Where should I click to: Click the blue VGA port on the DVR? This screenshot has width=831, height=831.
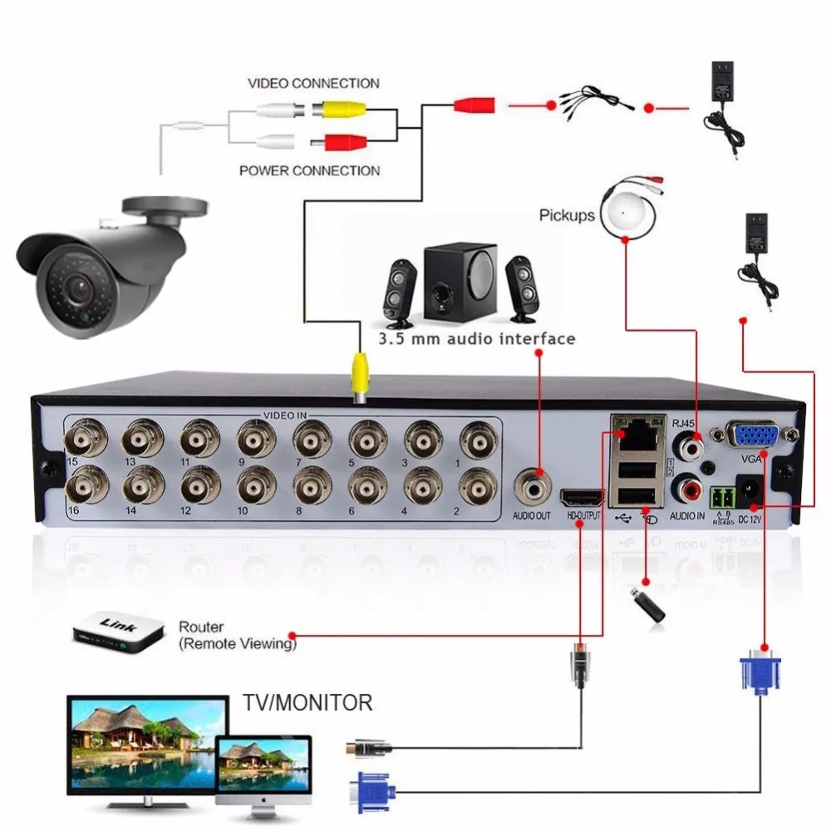[x=752, y=436]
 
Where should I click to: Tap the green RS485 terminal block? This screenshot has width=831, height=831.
[x=720, y=496]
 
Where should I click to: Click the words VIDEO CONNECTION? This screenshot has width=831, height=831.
[x=313, y=83]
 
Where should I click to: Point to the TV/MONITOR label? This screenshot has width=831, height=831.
[x=307, y=703]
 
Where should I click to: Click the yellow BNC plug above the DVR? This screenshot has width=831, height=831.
[x=360, y=375]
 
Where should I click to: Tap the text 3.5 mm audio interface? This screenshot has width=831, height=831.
[x=476, y=339]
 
